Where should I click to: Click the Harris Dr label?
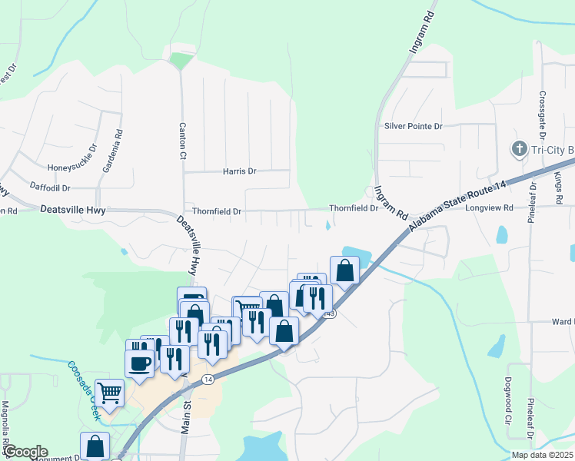point(239,171)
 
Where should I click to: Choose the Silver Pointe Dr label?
point(413,126)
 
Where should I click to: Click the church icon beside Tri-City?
point(519,148)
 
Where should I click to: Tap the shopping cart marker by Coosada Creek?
point(109,393)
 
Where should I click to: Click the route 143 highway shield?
point(330,313)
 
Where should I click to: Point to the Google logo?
point(25,452)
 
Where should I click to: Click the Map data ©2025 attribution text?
point(541,455)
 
